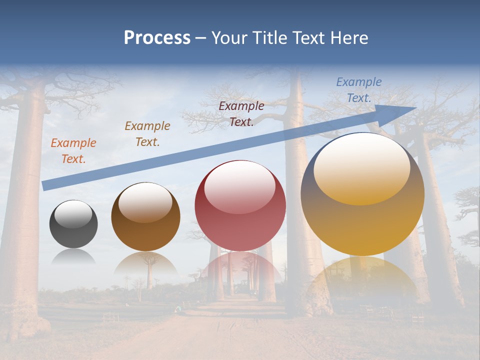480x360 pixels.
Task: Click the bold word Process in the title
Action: [x=157, y=38]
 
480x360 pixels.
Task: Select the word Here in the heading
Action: [x=349, y=38]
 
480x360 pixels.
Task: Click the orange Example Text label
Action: [x=73, y=151]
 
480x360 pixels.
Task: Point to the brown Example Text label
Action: [x=147, y=134]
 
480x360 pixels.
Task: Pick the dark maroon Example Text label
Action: [x=241, y=114]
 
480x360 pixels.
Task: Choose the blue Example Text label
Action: [x=358, y=90]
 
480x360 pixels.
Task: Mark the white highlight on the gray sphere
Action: [x=73, y=214]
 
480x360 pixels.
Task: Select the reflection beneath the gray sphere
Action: [x=73, y=256]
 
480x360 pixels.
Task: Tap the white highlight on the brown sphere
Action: [x=145, y=201]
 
